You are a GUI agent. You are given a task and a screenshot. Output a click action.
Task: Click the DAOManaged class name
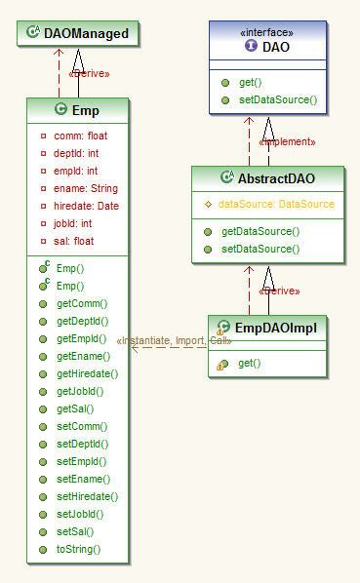pyautogui.click(x=86, y=33)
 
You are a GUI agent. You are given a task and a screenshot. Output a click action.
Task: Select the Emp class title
pyautogui.click(x=86, y=110)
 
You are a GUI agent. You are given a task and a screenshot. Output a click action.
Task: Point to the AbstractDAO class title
pyautogui.click(x=276, y=178)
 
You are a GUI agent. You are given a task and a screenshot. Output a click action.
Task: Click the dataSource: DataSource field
pyautogui.click(x=275, y=204)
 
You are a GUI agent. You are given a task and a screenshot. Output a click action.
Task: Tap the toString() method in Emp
pyautogui.click(x=78, y=549)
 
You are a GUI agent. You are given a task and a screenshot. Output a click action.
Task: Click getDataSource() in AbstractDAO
pyautogui.click(x=260, y=231)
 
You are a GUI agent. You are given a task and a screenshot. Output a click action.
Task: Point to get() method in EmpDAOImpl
pyautogui.click(x=249, y=363)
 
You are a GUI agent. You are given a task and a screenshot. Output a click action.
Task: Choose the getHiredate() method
pyautogui.click(x=87, y=373)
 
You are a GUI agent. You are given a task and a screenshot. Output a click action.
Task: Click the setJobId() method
pyautogui.click(x=80, y=514)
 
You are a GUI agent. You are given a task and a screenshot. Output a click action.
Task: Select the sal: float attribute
pyautogui.click(x=74, y=241)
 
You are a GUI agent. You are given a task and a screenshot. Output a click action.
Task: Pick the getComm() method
pyautogui.click(x=82, y=303)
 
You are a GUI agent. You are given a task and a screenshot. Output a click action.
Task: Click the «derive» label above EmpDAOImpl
pyautogui.click(x=279, y=291)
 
